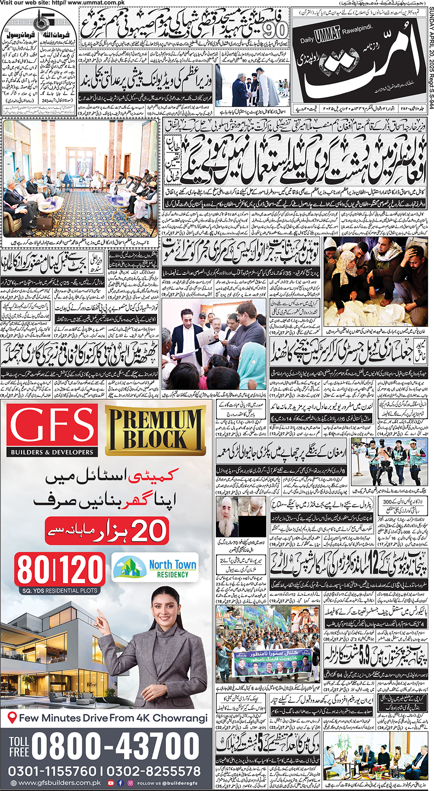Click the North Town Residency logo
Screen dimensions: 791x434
pyautogui.click(x=155, y=568)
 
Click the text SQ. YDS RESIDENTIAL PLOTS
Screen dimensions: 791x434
pyautogui.click(x=60, y=590)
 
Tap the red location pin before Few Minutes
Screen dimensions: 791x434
pyautogui.click(x=13, y=718)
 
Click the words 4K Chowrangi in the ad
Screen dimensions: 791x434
pyautogui.click(x=180, y=718)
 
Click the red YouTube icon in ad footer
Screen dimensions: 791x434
pyautogui.click(x=111, y=783)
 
